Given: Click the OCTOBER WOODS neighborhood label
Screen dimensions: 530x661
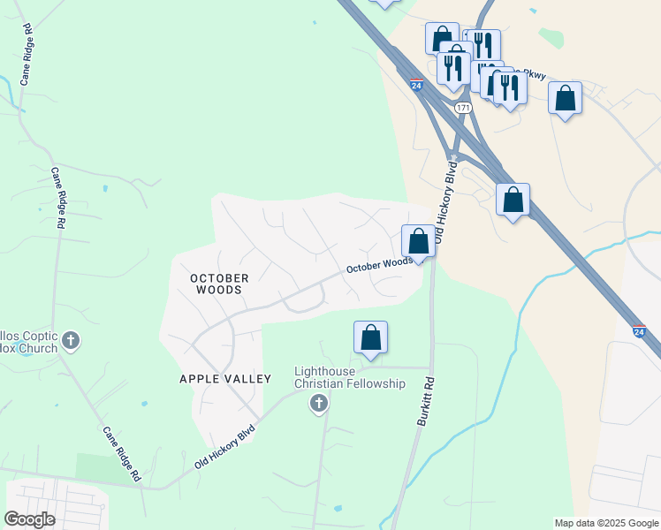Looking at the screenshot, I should point(220,284).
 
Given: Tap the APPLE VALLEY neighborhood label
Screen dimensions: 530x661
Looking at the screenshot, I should point(225,378).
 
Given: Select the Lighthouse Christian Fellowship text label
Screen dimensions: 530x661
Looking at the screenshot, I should point(349,377).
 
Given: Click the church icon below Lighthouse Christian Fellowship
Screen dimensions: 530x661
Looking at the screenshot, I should point(319,404).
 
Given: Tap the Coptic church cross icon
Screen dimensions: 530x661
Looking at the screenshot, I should point(72,339).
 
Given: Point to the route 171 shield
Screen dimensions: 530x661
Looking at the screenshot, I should point(463,107).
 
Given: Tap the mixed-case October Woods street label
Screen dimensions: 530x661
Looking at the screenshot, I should point(379,265).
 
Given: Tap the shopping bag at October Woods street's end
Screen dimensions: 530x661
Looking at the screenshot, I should point(419,240).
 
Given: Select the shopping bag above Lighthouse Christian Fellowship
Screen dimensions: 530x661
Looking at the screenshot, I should point(371,337).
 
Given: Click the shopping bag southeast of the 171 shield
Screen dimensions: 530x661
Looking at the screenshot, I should point(513,200).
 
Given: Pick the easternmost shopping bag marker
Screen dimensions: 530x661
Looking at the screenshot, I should point(566,97).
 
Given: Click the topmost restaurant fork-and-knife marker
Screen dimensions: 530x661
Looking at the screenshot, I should point(482,44).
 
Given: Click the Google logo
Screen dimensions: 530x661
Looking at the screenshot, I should point(29,519).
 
